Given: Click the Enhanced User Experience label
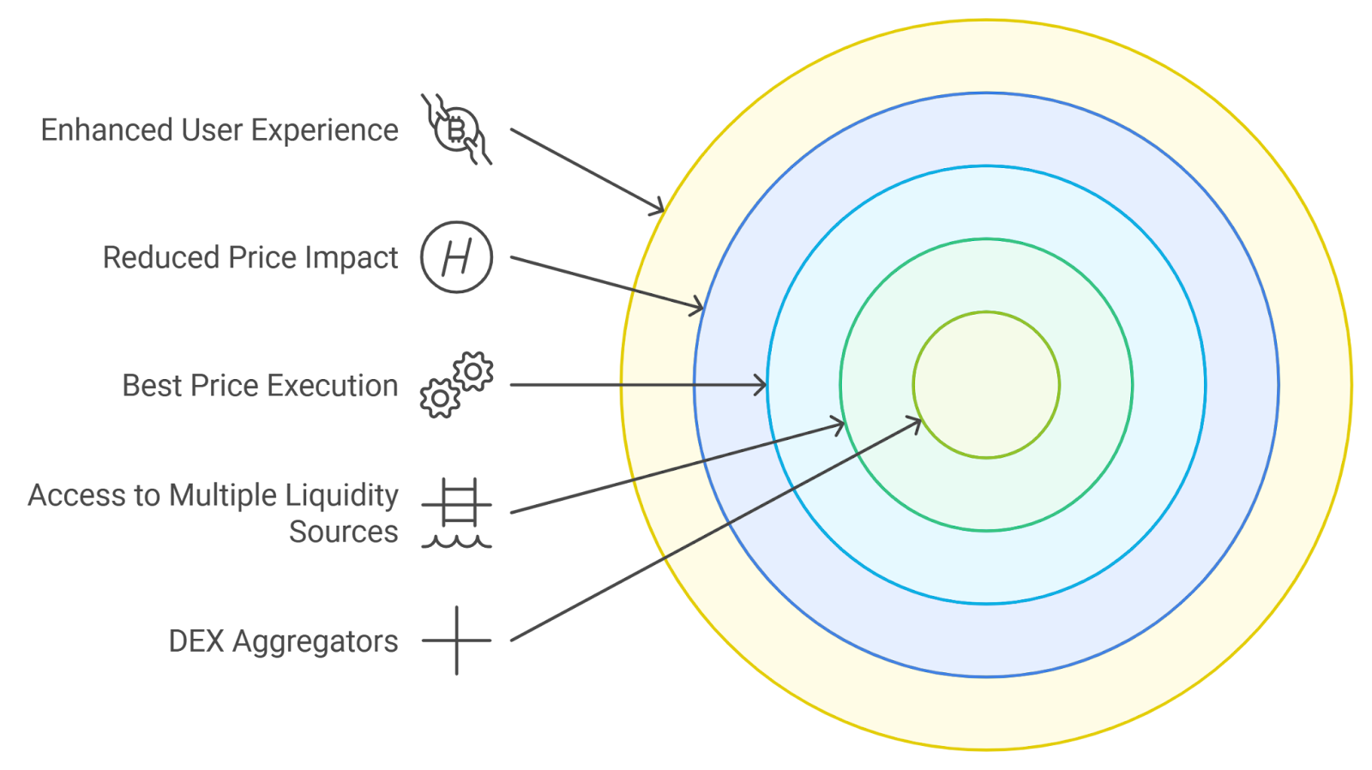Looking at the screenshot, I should [x=220, y=130].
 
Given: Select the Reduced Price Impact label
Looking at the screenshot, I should [x=250, y=258].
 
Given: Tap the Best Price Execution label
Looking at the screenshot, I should [x=260, y=386].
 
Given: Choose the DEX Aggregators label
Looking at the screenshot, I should [x=283, y=641].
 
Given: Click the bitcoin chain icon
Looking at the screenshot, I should [x=456, y=129].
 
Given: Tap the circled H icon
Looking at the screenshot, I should [x=456, y=257].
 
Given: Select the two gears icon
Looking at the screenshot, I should [x=456, y=385].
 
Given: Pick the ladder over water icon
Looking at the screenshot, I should [x=456, y=513].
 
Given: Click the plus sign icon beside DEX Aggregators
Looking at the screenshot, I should [x=456, y=641].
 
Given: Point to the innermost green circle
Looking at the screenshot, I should [x=986, y=385].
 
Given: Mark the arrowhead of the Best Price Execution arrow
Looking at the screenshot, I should [x=761, y=385].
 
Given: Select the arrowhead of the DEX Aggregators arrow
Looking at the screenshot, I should [x=916, y=421].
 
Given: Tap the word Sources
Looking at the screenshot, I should [x=343, y=532].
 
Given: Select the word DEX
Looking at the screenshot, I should [x=196, y=641].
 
